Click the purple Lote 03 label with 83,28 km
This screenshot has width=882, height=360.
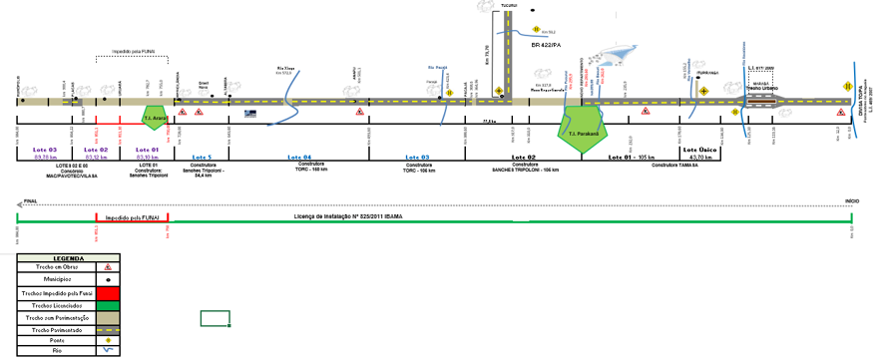[45, 151]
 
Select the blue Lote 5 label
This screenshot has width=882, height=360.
[202, 157]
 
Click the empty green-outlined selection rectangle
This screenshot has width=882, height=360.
[216, 318]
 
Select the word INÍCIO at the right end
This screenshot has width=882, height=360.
[852, 200]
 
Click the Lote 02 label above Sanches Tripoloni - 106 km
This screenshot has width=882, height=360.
[524, 158]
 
